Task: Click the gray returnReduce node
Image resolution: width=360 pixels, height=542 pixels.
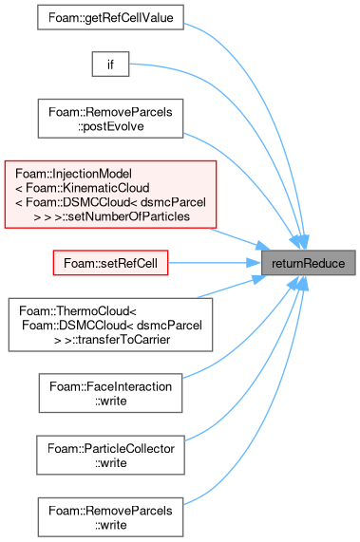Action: pyautogui.click(x=308, y=263)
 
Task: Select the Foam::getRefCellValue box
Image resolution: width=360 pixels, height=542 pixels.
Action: pyautogui.click(x=111, y=17)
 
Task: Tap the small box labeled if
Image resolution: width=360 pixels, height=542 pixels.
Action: pyautogui.click(x=111, y=65)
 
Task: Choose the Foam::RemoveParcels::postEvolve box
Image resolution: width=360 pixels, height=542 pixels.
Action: pyautogui.click(x=111, y=119)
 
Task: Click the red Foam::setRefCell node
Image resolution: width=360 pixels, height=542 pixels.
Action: pyautogui.click(x=111, y=263)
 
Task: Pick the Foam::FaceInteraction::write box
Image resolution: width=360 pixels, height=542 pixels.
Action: pyautogui.click(x=111, y=393)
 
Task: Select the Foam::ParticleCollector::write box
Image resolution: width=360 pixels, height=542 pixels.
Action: pyautogui.click(x=111, y=455)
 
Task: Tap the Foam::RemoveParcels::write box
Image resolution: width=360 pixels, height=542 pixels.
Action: pyautogui.click(x=111, y=517)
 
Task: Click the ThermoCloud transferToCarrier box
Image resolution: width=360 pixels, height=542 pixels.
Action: pyautogui.click(x=111, y=325)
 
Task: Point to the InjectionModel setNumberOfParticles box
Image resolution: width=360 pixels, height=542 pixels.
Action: pyautogui.click(x=111, y=195)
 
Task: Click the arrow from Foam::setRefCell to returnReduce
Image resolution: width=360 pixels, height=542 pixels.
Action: pyautogui.click(x=215, y=263)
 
